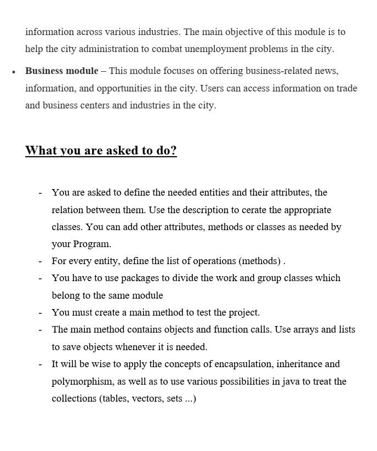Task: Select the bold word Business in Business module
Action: point(45,71)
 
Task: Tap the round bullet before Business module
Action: point(14,72)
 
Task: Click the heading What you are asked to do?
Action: point(101,151)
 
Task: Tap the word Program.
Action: point(92,244)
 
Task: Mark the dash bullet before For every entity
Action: point(40,261)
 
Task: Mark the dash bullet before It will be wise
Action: point(40,364)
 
